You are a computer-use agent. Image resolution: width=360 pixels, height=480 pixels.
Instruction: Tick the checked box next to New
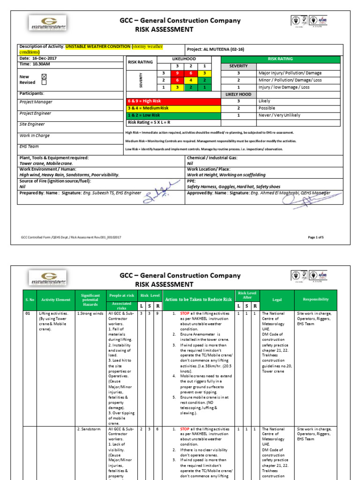click(x=45, y=76)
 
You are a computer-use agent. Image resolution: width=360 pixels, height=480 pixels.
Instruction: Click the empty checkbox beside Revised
click(x=45, y=82)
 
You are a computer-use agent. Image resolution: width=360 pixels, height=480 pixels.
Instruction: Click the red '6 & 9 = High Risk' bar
click(x=173, y=101)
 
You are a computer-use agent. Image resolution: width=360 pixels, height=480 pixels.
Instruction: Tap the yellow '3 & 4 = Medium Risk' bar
click(x=173, y=108)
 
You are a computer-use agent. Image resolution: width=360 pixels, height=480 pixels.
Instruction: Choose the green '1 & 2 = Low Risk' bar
click(x=173, y=115)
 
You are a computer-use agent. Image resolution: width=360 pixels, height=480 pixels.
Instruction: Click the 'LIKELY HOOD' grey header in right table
click(x=238, y=94)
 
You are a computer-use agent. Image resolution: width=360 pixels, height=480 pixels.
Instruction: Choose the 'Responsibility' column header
click(x=316, y=299)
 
